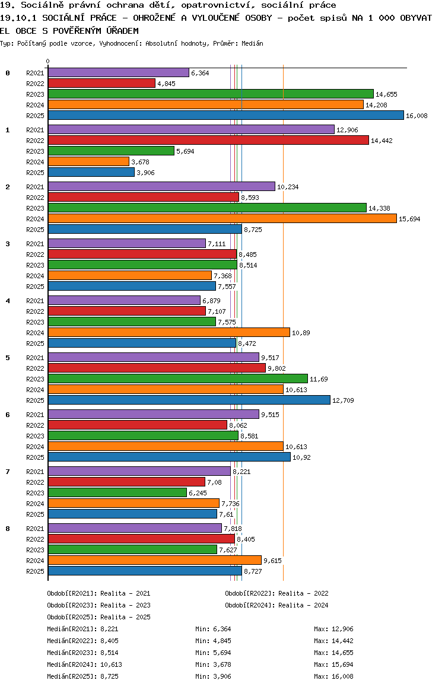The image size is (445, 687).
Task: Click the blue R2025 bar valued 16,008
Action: [x=225, y=116]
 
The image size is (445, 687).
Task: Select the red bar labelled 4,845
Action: [x=101, y=84]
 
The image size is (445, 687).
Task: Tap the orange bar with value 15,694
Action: [x=222, y=219]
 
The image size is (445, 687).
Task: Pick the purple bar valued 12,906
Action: [x=191, y=130]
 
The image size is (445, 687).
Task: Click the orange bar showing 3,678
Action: [x=88, y=162]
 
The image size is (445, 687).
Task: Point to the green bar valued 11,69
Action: [x=177, y=379]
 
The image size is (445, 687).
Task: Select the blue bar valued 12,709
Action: [x=189, y=400]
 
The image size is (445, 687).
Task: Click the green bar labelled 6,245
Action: [x=117, y=493]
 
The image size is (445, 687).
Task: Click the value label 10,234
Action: [x=288, y=187]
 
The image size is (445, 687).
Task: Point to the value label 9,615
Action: [x=272, y=561]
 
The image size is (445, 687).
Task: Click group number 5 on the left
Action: [x=8, y=358]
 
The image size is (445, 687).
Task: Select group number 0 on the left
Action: [x=8, y=73]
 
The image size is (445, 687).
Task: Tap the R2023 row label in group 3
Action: [x=35, y=265]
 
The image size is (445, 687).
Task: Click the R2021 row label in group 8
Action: [x=35, y=529]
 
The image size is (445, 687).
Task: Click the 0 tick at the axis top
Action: [x=48, y=61]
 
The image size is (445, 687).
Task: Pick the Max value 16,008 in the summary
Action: [x=342, y=676]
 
